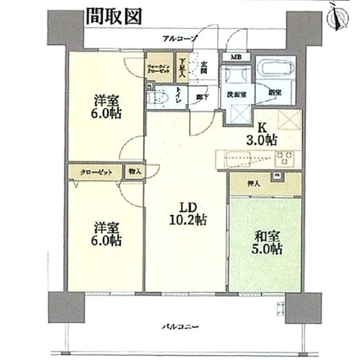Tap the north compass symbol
337,17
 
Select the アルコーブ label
180,39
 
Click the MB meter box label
236,58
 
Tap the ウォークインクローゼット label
158,69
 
